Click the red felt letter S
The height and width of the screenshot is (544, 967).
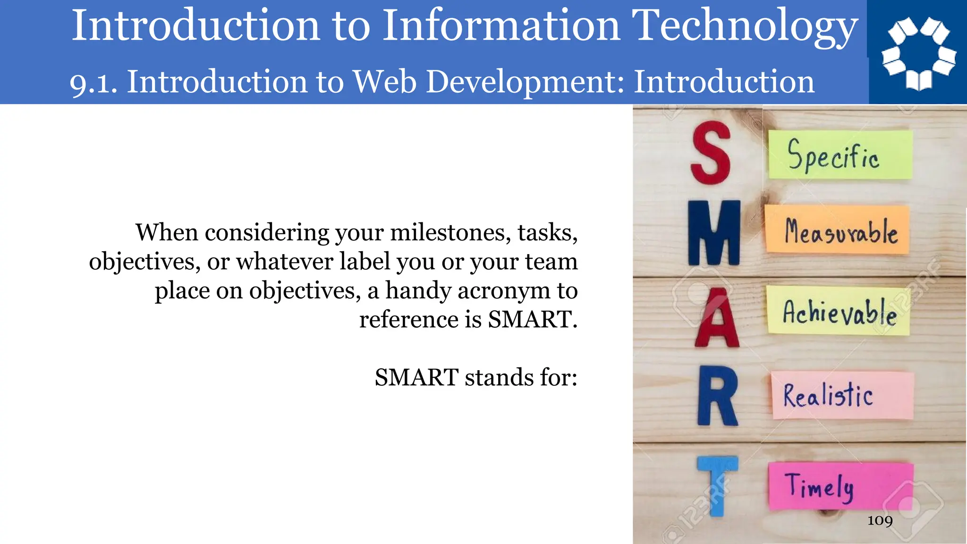click(x=710, y=153)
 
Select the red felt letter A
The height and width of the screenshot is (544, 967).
click(x=717, y=319)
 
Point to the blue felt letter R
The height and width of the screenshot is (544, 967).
click(x=717, y=396)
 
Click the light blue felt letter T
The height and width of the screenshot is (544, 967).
click(x=717, y=484)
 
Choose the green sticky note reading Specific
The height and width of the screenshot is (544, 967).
click(x=840, y=155)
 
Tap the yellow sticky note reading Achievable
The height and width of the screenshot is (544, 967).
click(x=838, y=311)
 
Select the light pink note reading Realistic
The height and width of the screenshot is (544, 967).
click(x=842, y=395)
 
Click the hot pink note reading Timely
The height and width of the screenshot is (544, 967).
click(x=840, y=486)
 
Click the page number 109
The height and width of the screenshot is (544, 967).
click(x=880, y=520)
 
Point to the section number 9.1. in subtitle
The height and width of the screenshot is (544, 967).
click(x=93, y=83)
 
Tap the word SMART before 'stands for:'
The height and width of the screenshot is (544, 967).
click(x=416, y=377)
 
